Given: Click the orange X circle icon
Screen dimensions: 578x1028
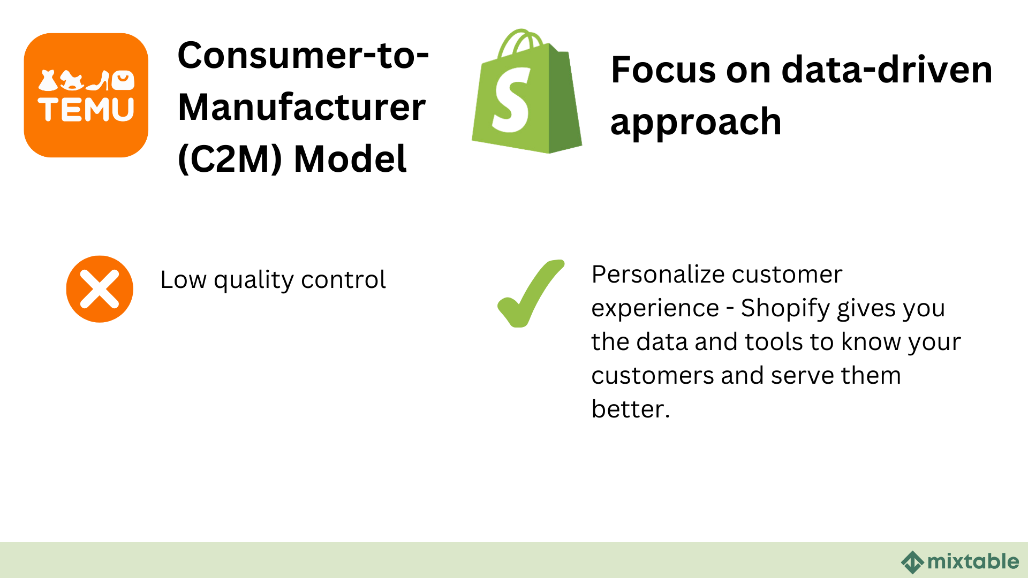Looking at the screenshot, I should point(100,289).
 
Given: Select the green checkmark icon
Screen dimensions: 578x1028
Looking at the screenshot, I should point(530,293).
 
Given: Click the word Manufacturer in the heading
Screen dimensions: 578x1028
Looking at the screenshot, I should point(301,108).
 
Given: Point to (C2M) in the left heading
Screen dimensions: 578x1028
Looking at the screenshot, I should point(230,159).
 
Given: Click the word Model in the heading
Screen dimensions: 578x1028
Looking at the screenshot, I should point(350,159).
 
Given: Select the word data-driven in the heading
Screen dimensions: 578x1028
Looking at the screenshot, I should point(887,70).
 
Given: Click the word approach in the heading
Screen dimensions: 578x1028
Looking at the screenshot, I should point(696,122).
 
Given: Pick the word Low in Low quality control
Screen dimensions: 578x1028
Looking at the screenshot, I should point(183,280).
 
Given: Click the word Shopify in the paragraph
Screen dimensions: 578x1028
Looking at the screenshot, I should point(785,309).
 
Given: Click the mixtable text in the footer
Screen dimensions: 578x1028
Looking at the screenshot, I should point(973,561).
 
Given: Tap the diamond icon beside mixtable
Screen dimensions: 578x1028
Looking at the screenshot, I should point(912,562).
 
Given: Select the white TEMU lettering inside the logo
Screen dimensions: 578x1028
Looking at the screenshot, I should point(86,110).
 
